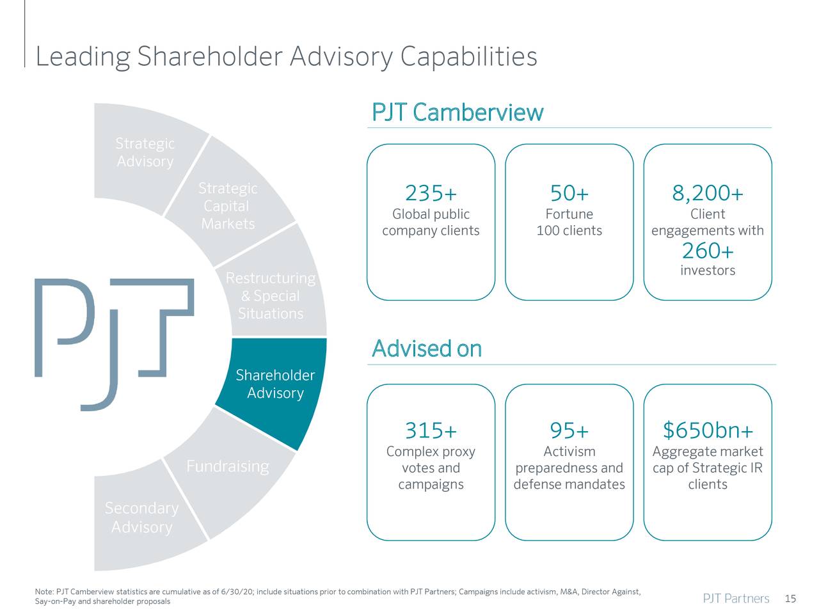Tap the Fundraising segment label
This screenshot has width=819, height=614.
[227, 466]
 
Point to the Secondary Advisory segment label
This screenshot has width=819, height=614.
[141, 517]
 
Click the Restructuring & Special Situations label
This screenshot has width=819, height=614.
[271, 296]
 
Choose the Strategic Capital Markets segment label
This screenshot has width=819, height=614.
[228, 206]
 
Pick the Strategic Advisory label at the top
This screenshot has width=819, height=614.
[145, 152]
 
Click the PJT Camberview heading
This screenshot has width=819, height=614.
[457, 113]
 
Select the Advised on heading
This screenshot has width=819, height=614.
[427, 349]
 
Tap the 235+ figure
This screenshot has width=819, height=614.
[431, 193]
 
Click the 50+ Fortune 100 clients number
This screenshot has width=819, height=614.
[569, 193]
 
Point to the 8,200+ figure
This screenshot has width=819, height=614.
[707, 193]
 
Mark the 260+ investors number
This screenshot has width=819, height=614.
[707, 250]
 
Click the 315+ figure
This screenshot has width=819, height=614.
[431, 430]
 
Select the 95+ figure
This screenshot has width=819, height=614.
[569, 430]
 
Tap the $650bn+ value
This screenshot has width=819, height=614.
[707, 430]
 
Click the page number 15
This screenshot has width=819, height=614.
[790, 599]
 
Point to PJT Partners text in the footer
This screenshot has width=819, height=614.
[736, 599]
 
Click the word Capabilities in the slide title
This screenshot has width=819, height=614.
[468, 57]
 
